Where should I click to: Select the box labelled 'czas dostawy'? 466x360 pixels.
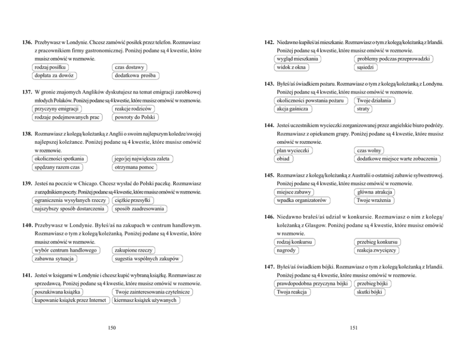click(x=130, y=67)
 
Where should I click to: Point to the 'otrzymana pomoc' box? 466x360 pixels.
click(x=134, y=167)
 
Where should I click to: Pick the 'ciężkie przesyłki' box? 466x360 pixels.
click(x=133, y=200)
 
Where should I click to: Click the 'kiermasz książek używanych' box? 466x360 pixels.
click(x=147, y=300)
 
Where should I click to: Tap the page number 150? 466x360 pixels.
click(x=112, y=328)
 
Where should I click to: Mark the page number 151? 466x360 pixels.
click(x=354, y=328)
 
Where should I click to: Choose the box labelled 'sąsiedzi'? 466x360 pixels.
click(x=365, y=67)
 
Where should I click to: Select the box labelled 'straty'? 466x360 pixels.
click(x=363, y=109)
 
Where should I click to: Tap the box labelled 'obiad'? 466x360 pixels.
click(x=283, y=159)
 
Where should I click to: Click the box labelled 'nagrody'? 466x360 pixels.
click(x=286, y=250)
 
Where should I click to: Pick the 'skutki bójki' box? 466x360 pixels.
click(x=369, y=292)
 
